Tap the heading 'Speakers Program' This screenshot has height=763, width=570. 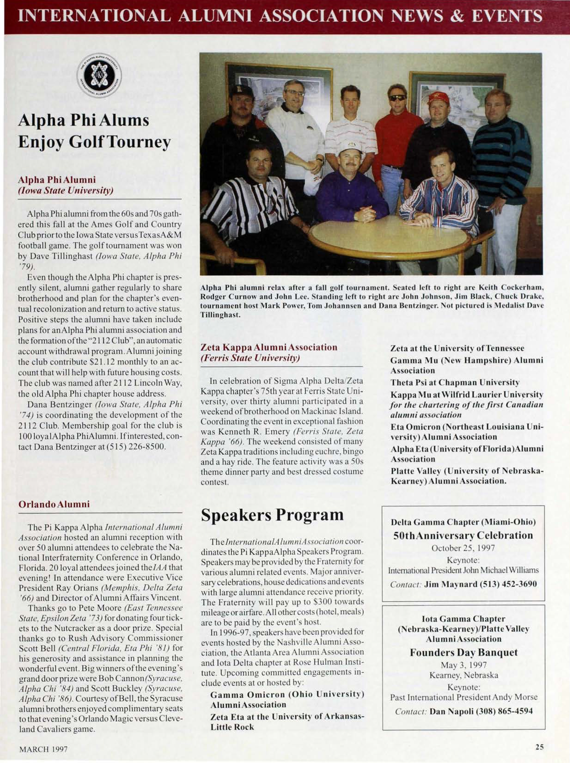(272, 515)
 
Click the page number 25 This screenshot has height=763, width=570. (539, 747)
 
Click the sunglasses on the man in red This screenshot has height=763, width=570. (397, 98)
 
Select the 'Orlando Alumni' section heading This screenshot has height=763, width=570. (54, 504)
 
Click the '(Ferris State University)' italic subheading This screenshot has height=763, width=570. (250, 358)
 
